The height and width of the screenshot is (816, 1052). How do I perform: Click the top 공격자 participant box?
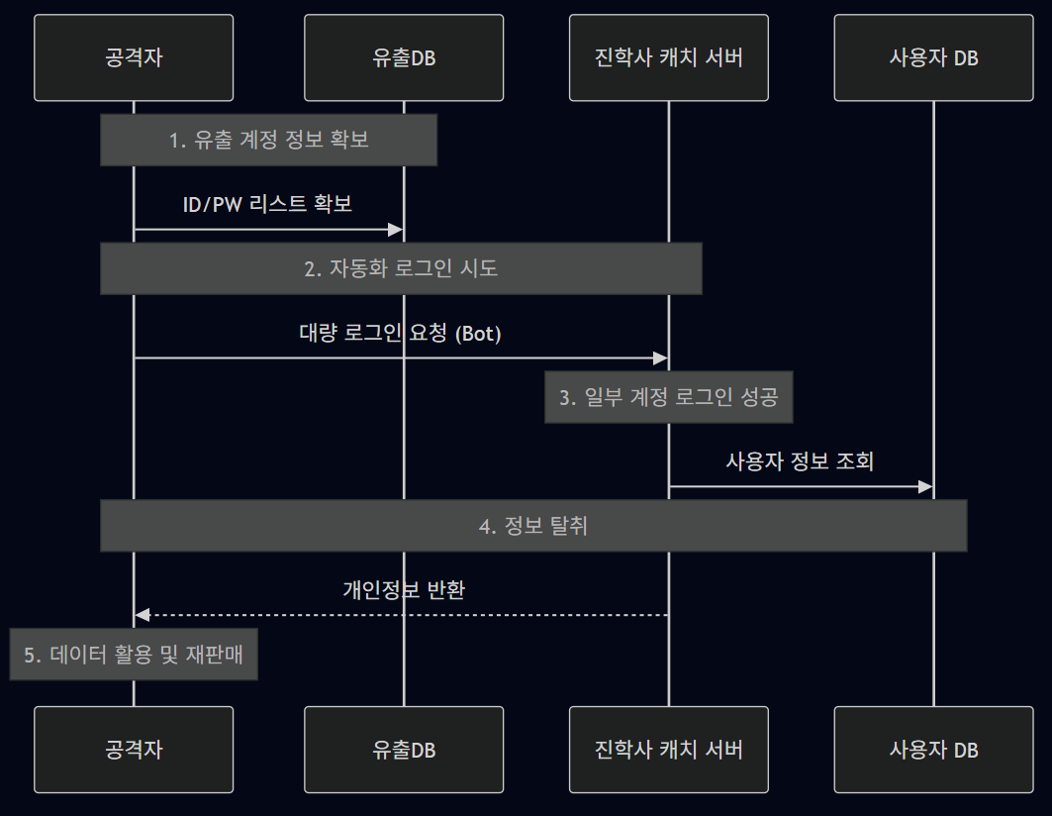click(x=134, y=57)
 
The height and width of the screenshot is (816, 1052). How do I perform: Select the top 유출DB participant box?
click(x=404, y=57)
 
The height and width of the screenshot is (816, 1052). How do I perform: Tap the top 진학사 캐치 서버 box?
click(x=668, y=57)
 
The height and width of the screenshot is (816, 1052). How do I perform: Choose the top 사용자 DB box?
click(x=933, y=57)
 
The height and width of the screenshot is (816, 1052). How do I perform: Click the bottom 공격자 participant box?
click(x=134, y=750)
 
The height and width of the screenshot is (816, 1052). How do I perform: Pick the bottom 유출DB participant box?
click(x=404, y=750)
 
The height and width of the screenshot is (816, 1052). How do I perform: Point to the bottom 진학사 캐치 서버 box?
click(x=668, y=750)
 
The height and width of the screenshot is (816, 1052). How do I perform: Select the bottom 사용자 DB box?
click(x=933, y=750)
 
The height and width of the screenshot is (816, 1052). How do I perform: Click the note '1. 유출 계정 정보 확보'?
click(x=268, y=140)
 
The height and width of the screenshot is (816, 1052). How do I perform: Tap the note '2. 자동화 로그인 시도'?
click(x=401, y=268)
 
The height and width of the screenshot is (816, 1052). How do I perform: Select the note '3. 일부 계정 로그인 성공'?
click(x=668, y=397)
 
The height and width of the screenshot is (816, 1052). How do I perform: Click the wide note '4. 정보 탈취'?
click(x=533, y=526)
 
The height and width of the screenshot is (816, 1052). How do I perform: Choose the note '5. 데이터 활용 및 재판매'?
click(x=134, y=655)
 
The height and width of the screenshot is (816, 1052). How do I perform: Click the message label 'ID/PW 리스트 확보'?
click(x=268, y=204)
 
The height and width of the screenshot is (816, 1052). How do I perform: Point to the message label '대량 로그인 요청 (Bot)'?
click(x=401, y=333)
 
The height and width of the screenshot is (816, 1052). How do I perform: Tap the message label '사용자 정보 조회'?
click(x=800, y=461)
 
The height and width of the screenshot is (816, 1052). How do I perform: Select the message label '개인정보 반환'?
click(x=404, y=590)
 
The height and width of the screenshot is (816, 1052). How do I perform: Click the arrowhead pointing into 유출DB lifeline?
click(x=396, y=230)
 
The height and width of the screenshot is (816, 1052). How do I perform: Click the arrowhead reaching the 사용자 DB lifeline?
click(x=925, y=486)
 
